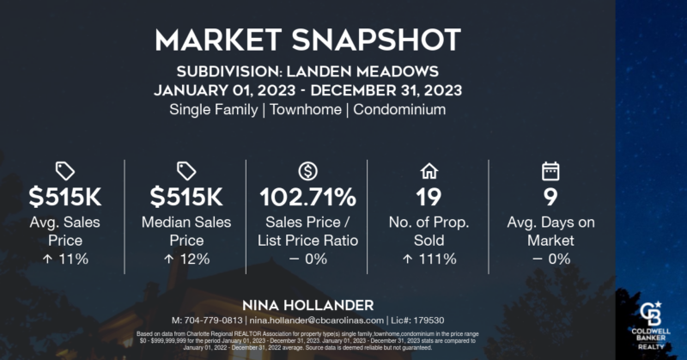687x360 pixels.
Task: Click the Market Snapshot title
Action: pos(307,40)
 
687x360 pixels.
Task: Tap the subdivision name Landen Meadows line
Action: pos(307,70)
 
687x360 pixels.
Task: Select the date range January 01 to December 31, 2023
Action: pos(307,89)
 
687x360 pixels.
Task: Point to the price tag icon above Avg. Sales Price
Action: pos(65,170)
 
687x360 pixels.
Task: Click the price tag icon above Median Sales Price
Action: pos(186,170)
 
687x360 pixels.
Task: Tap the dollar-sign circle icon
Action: pos(307,170)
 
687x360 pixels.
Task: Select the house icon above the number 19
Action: pos(428,170)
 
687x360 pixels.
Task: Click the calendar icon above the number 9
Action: pos(550,170)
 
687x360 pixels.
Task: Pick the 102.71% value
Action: pos(307,198)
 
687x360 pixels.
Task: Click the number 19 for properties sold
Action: pos(428,198)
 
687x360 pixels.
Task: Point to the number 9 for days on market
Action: pos(550,198)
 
